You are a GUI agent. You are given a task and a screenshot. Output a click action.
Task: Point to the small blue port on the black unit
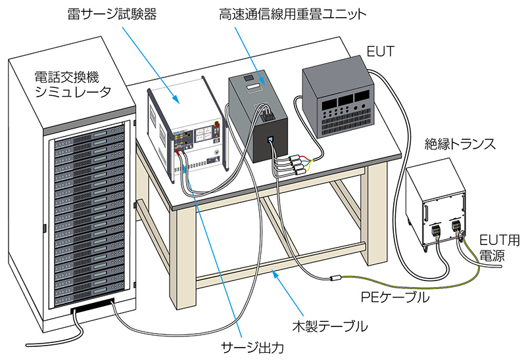[x=271, y=140]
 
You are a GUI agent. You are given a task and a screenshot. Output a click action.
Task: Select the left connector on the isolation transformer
[x=435, y=231]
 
